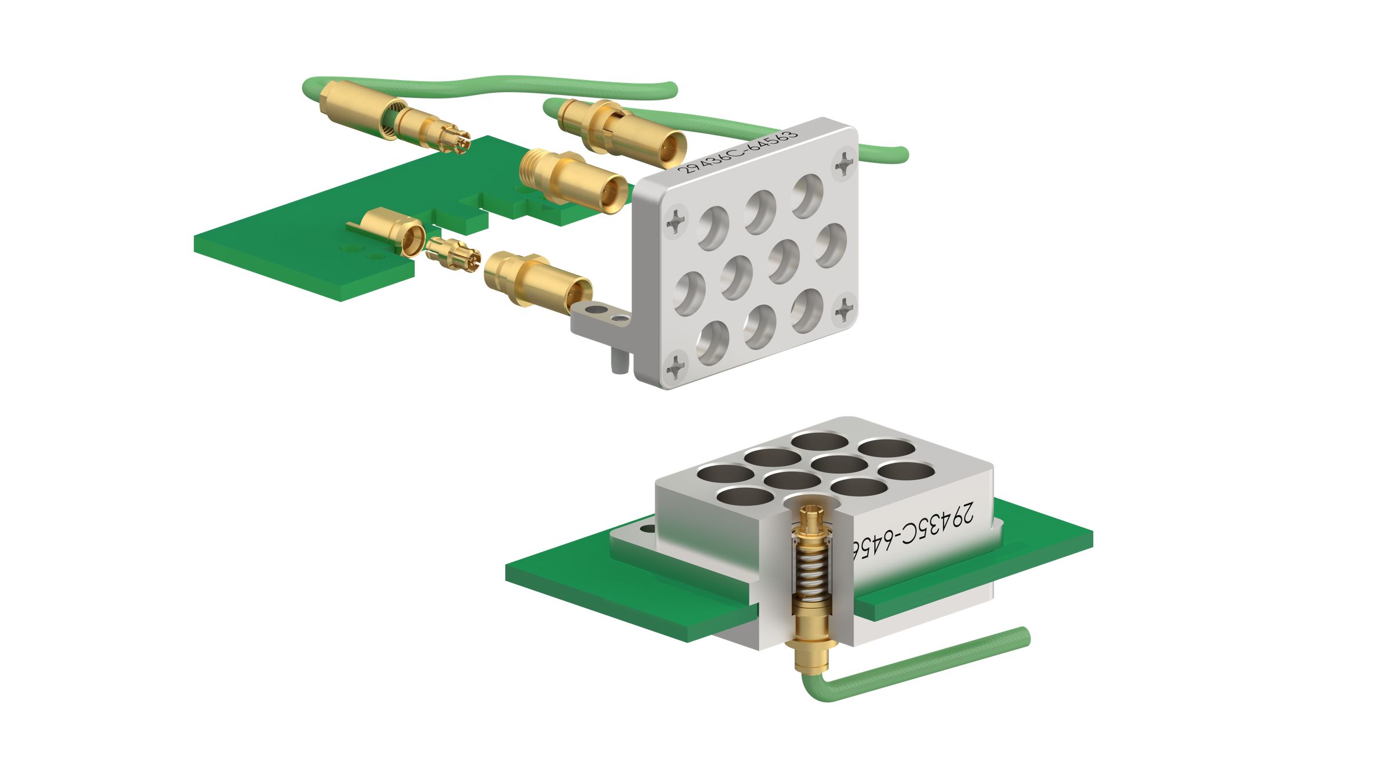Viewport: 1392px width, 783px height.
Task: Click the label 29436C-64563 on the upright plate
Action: point(738,152)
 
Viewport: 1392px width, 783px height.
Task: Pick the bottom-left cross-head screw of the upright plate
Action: point(677,365)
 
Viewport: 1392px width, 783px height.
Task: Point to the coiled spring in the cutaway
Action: point(810,574)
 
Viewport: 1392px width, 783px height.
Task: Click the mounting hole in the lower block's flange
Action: point(644,530)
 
